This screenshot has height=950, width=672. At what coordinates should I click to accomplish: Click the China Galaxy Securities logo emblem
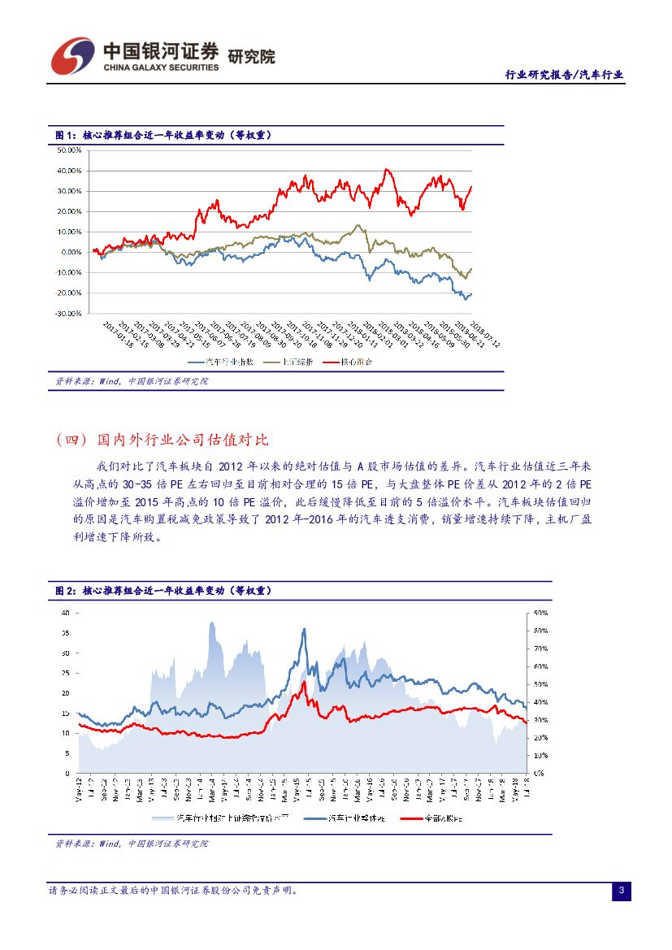72,55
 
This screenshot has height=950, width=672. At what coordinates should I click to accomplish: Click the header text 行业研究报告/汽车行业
564,75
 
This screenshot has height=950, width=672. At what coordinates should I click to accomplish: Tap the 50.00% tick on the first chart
69,150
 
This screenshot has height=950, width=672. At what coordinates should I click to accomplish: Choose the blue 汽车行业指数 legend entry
222,362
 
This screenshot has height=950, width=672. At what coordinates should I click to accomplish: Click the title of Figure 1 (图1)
163,135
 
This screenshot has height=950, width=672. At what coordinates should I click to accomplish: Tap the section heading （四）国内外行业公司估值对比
163,440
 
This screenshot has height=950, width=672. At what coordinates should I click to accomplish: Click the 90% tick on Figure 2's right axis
540,613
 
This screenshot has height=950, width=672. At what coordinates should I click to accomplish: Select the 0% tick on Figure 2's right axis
537,773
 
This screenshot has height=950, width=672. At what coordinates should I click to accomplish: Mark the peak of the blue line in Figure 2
305,628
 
